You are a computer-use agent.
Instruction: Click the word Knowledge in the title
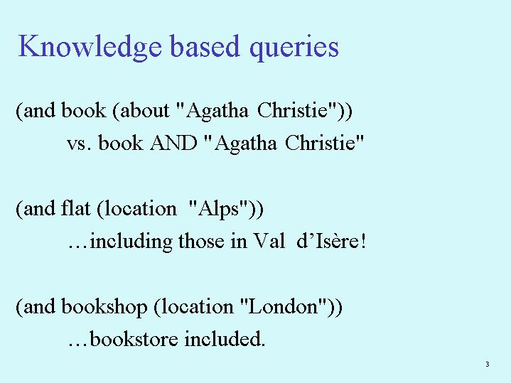[90, 48]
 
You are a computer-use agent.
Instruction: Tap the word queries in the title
[294, 48]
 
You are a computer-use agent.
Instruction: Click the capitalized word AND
[173, 143]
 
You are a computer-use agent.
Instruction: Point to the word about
[144, 110]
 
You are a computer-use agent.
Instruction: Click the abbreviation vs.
[79, 144]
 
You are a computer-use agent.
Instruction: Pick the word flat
[75, 208]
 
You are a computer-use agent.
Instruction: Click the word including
[131, 242]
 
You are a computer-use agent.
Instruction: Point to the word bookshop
[104, 307]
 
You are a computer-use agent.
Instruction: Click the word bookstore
[134, 338]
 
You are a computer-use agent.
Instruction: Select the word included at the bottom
[225, 338]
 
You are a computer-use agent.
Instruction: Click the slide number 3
[488, 364]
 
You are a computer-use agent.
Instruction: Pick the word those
[201, 241]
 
